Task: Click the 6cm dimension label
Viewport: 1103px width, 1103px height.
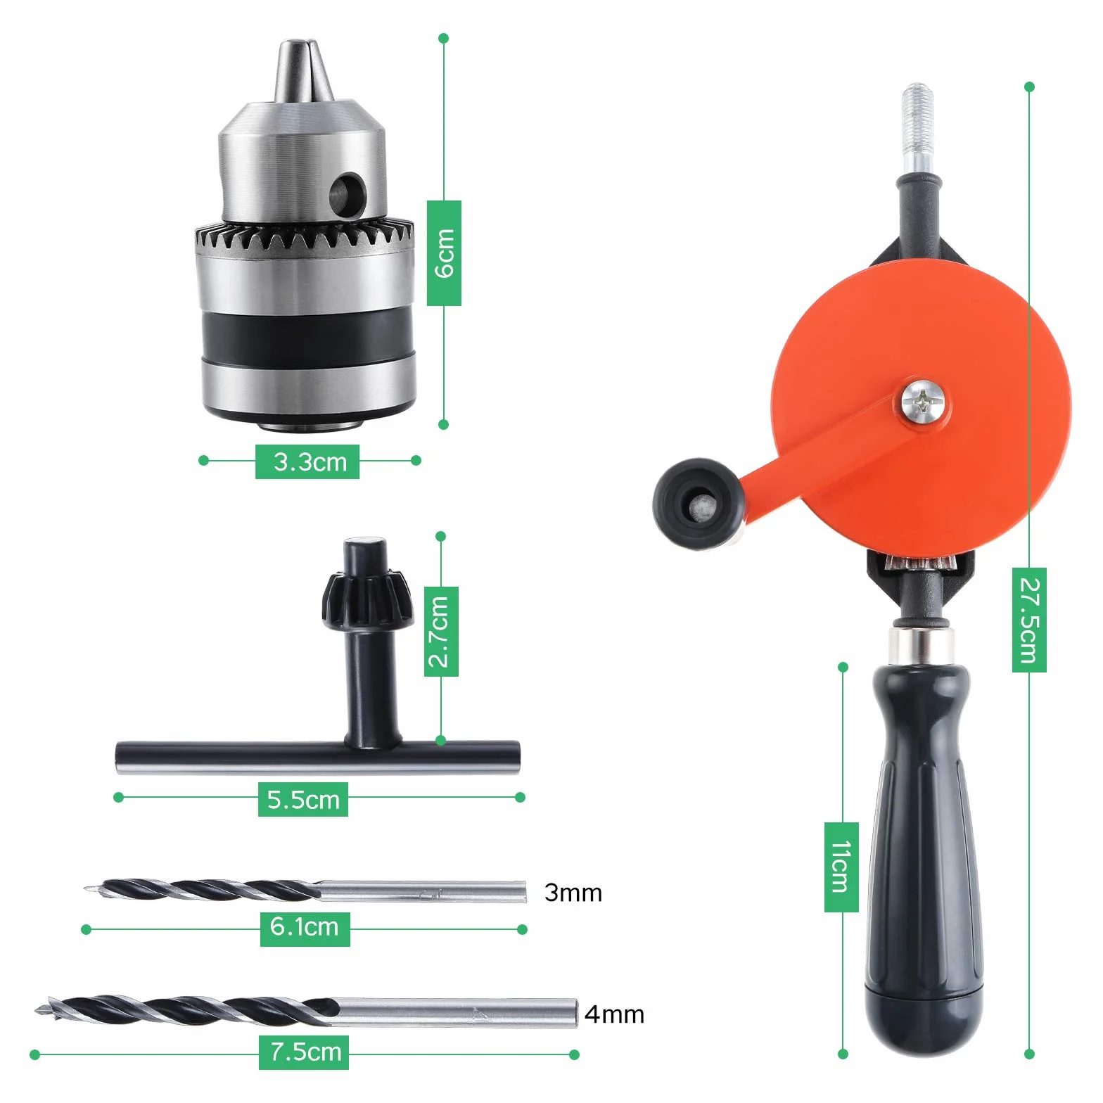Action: point(444,253)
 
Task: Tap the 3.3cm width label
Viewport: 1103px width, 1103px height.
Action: point(307,461)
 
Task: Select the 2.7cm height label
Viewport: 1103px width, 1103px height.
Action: point(441,631)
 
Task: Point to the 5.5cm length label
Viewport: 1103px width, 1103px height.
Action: point(303,799)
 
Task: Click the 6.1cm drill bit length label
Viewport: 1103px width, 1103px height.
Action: point(305,929)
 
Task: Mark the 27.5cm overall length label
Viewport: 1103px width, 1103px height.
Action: point(1029,620)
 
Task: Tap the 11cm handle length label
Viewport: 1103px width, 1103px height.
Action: point(841,867)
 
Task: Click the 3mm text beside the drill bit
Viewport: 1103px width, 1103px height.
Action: point(573,893)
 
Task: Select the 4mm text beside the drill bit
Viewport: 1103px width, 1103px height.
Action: point(615,1014)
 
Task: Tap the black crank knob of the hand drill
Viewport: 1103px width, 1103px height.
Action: point(696,503)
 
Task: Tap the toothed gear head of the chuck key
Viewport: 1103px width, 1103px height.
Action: point(359,600)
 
